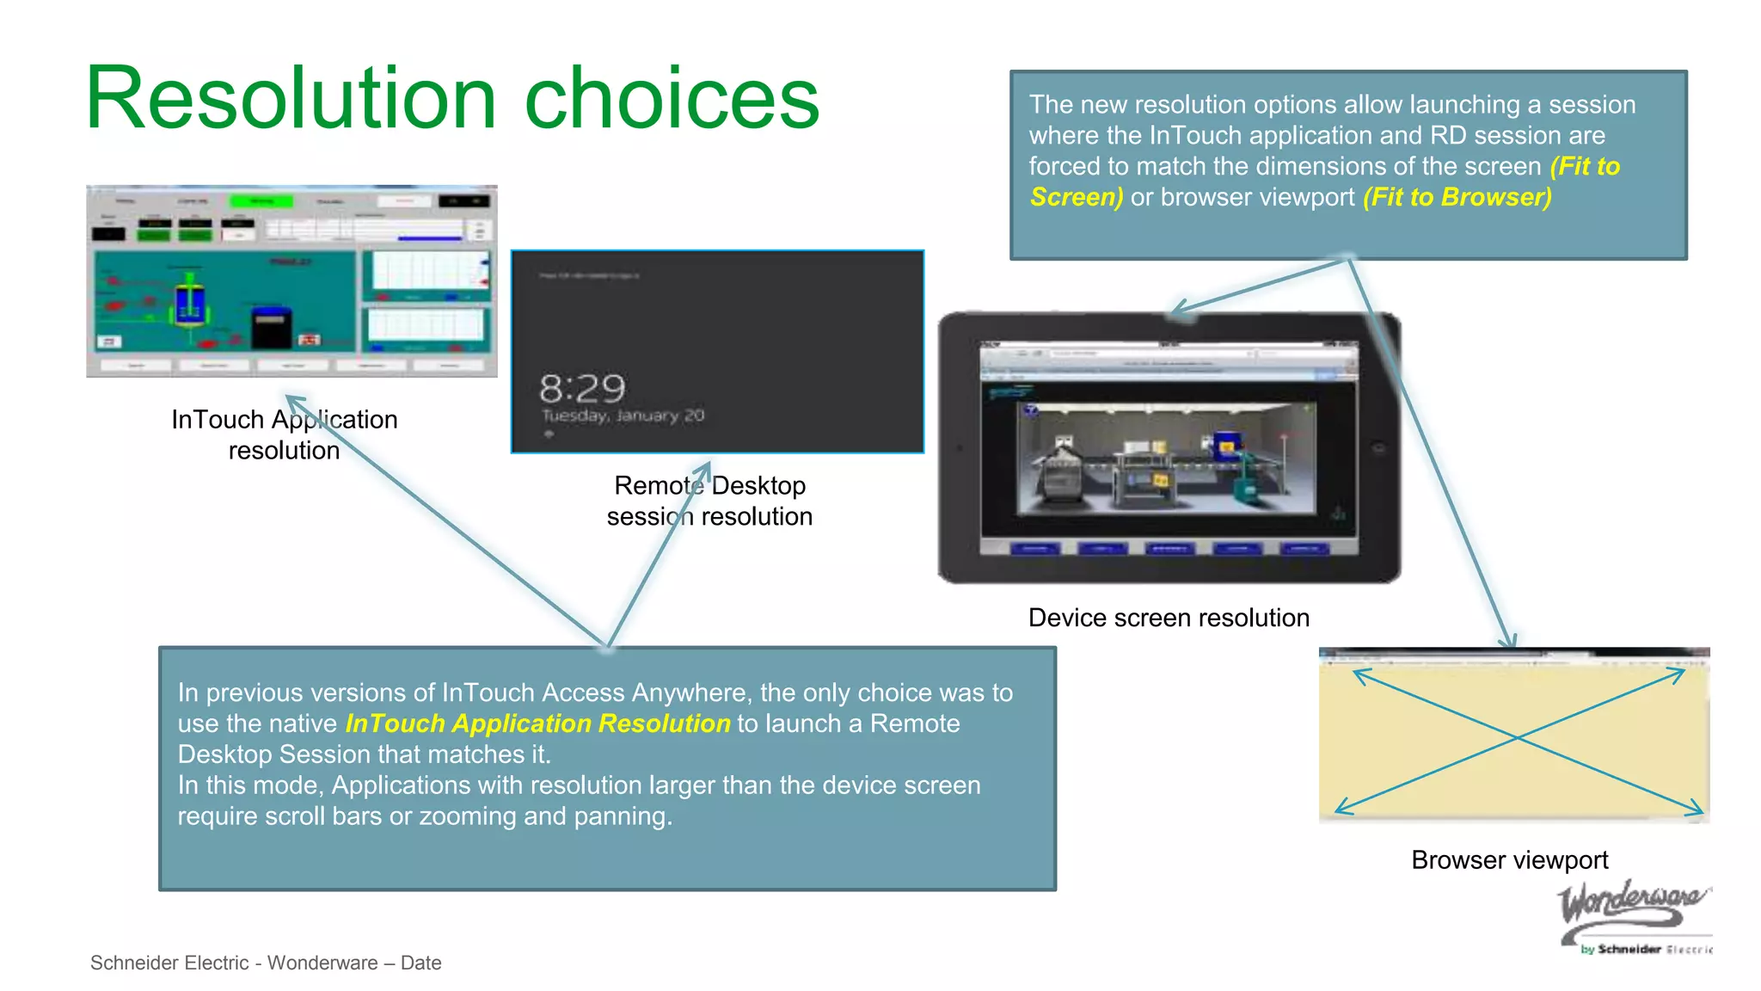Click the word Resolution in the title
point(291,98)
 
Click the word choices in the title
point(672,98)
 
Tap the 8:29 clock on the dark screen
point(582,389)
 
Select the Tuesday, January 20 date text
point(623,415)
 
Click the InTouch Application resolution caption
point(284,434)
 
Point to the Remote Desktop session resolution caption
point(709,501)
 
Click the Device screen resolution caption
point(1169,618)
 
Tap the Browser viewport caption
point(1509,859)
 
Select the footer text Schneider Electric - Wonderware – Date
point(266,963)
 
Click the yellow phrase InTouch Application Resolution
point(537,723)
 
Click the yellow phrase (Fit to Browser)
point(1457,197)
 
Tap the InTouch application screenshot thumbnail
point(291,281)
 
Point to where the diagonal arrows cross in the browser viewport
point(1519,738)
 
